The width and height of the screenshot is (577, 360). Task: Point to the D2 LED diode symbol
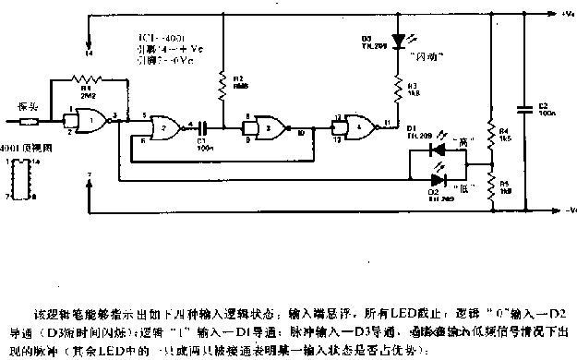(x=450, y=180)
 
